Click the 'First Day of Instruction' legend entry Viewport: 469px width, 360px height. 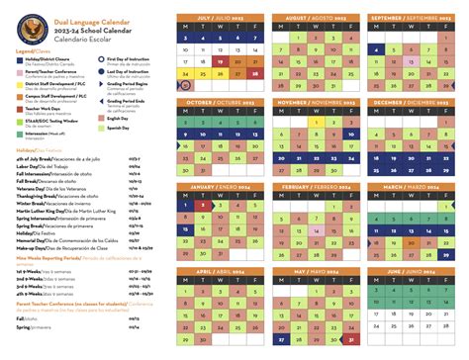click(133, 59)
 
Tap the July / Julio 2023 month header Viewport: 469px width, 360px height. click(219, 18)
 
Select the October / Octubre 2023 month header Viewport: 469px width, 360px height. click(219, 102)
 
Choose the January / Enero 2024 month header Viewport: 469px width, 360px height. click(219, 186)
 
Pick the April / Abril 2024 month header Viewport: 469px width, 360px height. click(219, 270)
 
